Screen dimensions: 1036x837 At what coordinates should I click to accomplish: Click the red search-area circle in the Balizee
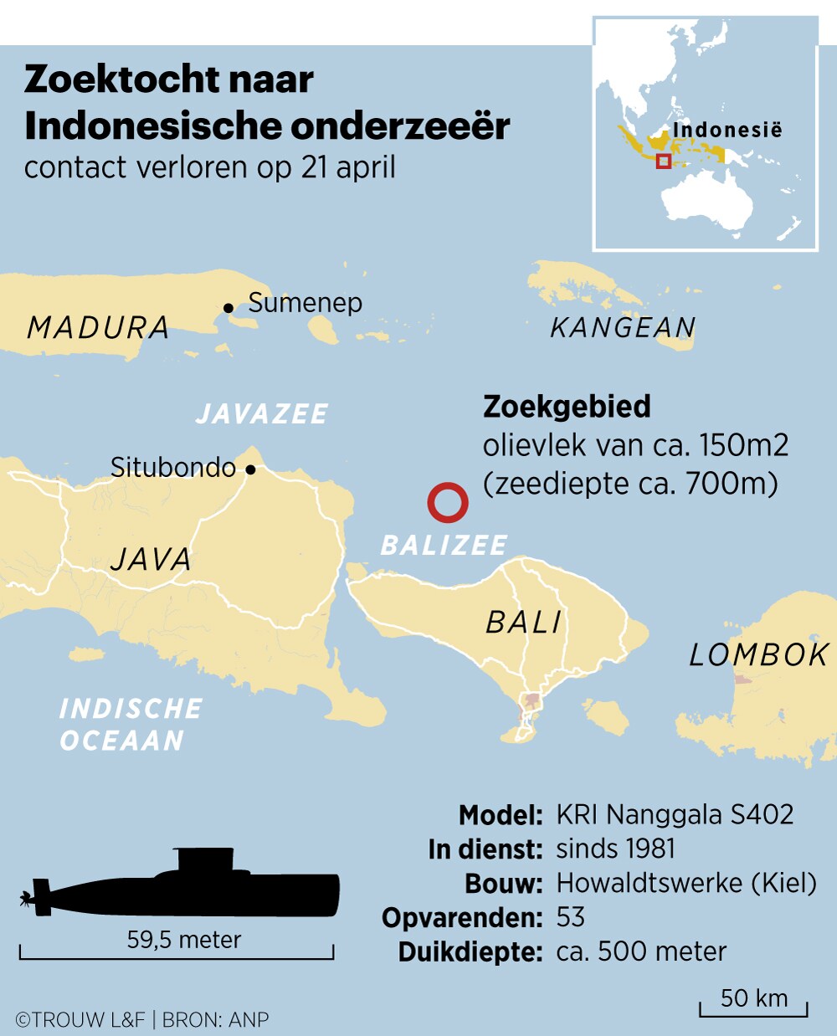click(x=447, y=502)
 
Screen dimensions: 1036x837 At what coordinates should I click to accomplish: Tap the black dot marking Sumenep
click(x=229, y=308)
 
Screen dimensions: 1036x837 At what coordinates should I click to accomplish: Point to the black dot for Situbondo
click(x=250, y=469)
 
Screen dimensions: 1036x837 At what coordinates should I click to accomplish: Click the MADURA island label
click(x=98, y=327)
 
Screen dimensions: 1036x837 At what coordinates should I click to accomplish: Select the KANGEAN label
click(x=623, y=327)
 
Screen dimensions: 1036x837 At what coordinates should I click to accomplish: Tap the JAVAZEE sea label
click(x=261, y=413)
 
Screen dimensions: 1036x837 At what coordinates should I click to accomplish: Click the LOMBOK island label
click(x=758, y=655)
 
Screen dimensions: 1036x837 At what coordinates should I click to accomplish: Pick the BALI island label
click(x=524, y=623)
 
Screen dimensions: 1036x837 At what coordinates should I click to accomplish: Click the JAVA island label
click(x=151, y=559)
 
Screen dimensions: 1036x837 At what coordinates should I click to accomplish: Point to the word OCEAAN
click(x=122, y=741)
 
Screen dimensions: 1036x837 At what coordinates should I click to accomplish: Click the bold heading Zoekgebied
click(x=567, y=407)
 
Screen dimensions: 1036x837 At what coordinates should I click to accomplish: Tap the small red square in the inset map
click(x=663, y=162)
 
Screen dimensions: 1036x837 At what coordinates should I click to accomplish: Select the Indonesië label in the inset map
click(x=727, y=130)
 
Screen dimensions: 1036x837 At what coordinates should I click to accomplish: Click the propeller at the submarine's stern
click(x=28, y=900)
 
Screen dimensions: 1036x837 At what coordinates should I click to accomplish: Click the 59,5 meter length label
click(x=183, y=940)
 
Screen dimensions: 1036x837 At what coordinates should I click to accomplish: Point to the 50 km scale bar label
click(x=753, y=998)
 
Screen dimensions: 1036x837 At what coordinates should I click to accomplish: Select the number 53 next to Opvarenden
click(x=570, y=917)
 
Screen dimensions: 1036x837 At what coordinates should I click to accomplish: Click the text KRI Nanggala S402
click(x=675, y=814)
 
